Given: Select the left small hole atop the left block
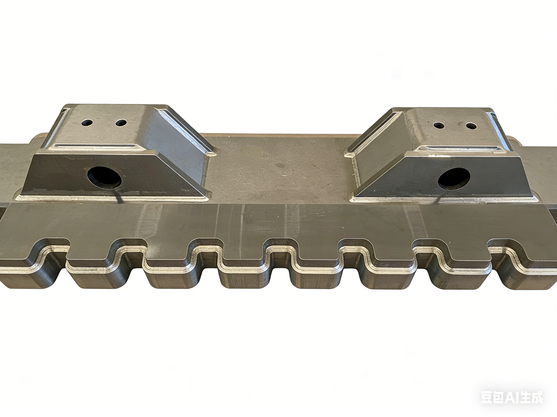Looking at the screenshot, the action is (87, 123).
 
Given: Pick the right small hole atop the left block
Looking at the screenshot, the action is (121, 123).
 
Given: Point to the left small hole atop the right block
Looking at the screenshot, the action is (439, 125).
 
